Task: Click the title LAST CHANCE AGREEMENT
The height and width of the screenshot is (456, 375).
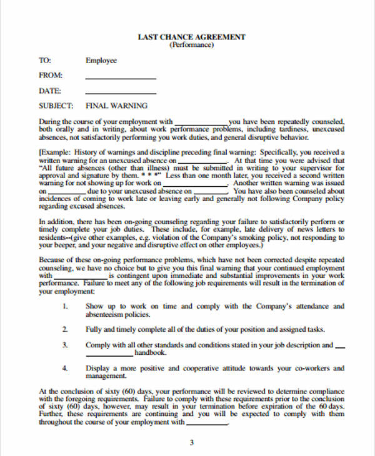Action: pos(191,37)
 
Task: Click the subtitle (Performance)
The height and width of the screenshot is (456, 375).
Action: pos(191,46)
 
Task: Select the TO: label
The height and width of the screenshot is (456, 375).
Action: pos(44,61)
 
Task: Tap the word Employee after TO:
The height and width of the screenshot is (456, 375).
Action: pos(101,61)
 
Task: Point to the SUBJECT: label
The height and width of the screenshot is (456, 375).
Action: pos(56,106)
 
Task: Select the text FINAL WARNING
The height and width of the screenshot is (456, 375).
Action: pos(116,106)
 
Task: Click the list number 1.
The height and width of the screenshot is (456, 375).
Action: pos(66,307)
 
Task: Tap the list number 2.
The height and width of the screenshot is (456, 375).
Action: pos(66,329)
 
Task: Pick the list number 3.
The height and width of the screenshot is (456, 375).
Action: pos(66,345)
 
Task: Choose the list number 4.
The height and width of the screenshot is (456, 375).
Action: pos(66,369)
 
